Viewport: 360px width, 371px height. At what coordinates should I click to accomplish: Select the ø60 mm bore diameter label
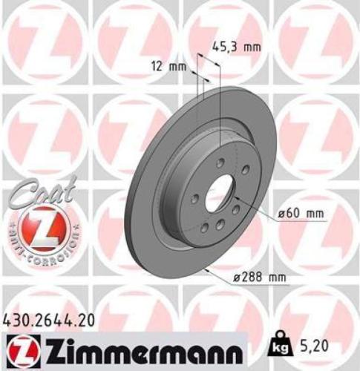pyautogui.click(x=301, y=213)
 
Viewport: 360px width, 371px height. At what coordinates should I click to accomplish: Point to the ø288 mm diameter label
pyautogui.click(x=259, y=278)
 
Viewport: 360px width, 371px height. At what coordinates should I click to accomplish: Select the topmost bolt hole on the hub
pyautogui.click(x=220, y=165)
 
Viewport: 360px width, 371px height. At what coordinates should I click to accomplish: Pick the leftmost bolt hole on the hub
pyautogui.click(x=194, y=199)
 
